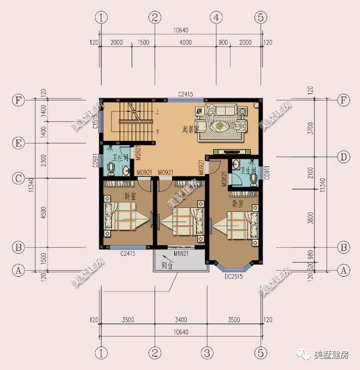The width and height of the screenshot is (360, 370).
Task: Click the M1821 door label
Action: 180,254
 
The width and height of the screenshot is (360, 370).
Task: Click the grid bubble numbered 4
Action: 215,17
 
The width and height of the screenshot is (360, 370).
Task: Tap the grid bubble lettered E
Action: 19,144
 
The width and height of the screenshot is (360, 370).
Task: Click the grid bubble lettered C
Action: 19,179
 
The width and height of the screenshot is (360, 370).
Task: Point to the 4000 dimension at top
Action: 185,43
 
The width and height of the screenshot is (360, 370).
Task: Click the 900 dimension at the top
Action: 222,43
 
